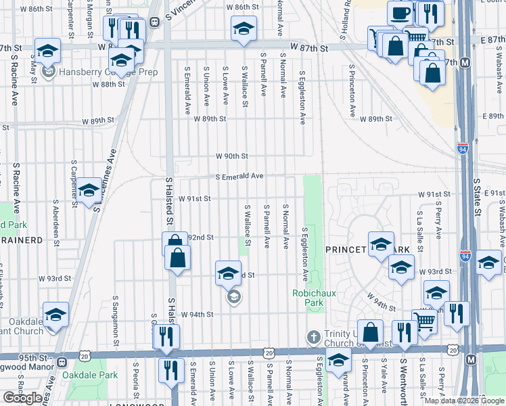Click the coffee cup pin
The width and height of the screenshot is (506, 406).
[x=399, y=13]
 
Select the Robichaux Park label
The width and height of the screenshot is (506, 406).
[x=308, y=298]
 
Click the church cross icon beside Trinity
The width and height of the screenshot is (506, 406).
[x=313, y=337]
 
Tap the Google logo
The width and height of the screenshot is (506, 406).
[x=23, y=398]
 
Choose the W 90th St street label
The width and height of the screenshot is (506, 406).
[x=232, y=156]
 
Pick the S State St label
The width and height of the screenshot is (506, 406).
[x=476, y=196]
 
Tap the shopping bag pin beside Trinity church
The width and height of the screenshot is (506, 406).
[x=370, y=333]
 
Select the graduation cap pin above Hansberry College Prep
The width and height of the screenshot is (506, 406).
[x=48, y=51]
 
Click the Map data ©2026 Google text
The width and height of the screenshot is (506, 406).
[x=464, y=401]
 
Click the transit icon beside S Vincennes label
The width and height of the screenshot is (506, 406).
[x=154, y=21]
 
